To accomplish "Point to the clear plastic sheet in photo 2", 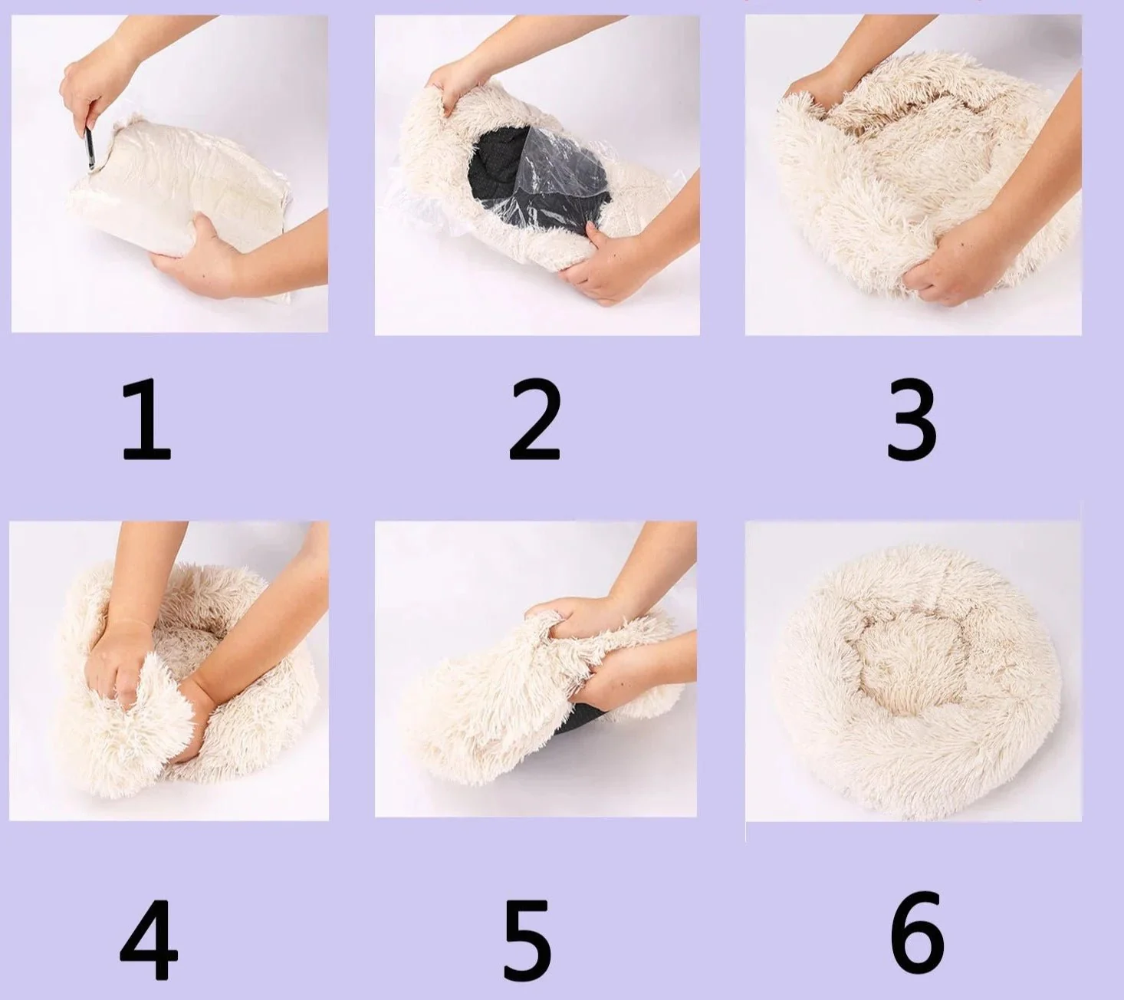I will (x=567, y=180).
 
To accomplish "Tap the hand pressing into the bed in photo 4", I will (x=115, y=660).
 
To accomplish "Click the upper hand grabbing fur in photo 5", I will (x=567, y=613).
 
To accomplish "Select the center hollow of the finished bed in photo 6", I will (x=909, y=675).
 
